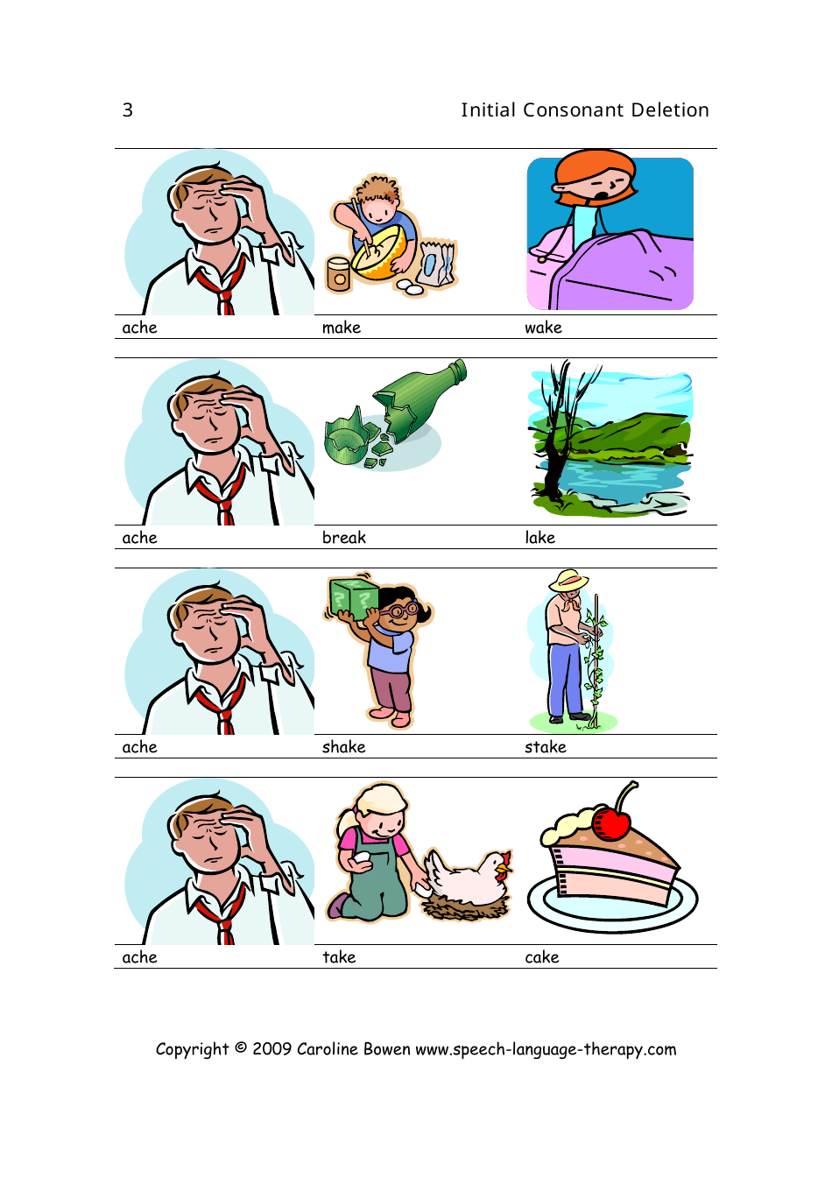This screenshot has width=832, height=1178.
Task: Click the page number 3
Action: (128, 110)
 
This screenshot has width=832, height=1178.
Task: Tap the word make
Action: (342, 328)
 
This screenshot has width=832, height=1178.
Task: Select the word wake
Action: (543, 328)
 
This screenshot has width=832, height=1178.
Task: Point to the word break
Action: (344, 538)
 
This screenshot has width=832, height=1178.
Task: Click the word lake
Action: (540, 538)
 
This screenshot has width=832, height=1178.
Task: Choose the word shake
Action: (344, 747)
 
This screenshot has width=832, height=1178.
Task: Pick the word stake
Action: (546, 747)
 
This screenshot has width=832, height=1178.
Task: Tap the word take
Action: (339, 957)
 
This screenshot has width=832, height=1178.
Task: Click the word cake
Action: (542, 957)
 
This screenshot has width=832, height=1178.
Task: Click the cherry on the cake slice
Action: (611, 823)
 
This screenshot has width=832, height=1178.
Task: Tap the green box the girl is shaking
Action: (354, 597)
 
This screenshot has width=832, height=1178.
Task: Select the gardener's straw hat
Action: (569, 582)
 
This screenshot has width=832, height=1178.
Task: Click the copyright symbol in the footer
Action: (241, 1048)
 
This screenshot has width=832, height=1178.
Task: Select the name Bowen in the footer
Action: (387, 1049)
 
